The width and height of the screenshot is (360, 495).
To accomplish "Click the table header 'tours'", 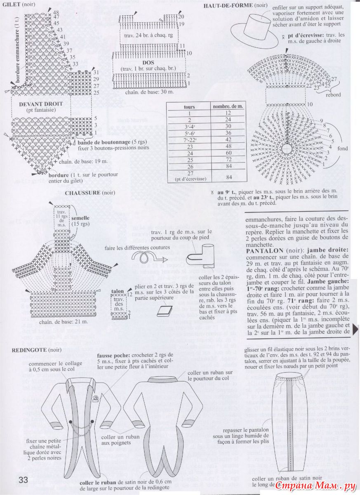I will (x=189, y=106).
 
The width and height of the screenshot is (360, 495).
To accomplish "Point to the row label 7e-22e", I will (x=189, y=139).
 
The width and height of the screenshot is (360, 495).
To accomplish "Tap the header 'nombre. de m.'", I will (x=228, y=106).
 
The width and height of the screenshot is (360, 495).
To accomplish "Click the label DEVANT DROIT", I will (x=41, y=104).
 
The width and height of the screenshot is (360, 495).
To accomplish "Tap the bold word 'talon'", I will (x=118, y=290).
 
